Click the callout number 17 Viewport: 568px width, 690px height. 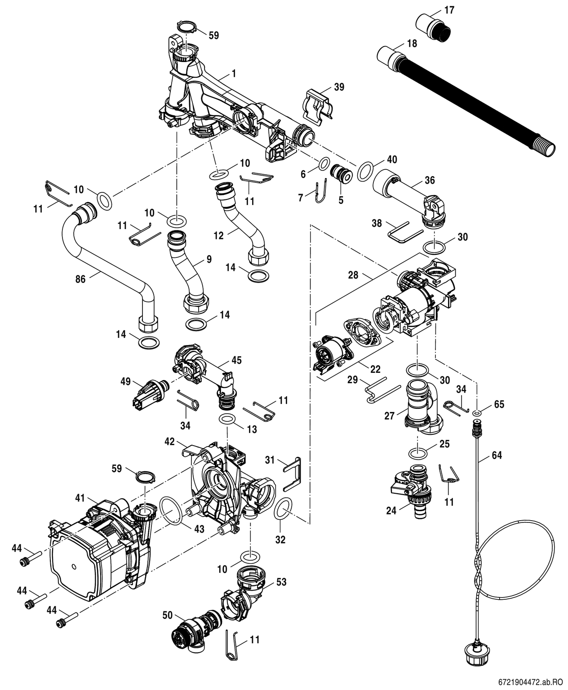pos(449,9)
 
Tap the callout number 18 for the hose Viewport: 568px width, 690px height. pos(412,44)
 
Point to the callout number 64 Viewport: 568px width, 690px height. pos(497,455)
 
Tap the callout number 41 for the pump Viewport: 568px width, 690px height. pos(80,497)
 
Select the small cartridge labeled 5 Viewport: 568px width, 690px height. pos(340,173)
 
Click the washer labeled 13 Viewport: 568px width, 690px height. pos(228,420)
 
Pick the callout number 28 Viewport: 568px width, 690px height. pos(353,274)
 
